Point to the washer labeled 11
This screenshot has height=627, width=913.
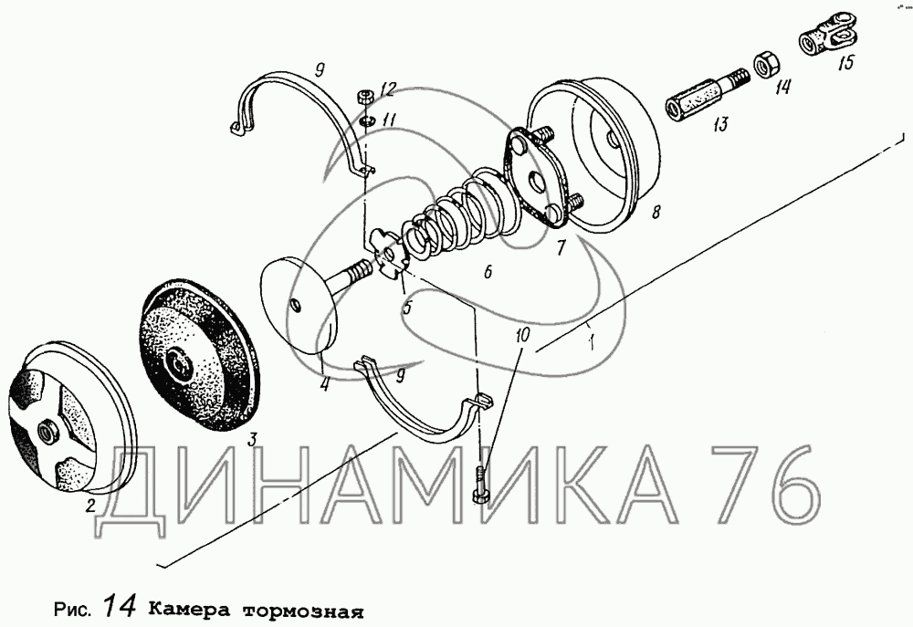pyautogui.click(x=367, y=120)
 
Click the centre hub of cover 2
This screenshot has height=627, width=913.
pyautogui.click(x=46, y=433)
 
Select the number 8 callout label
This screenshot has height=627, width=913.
pyautogui.click(x=656, y=212)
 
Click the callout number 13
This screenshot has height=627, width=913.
pyautogui.click(x=721, y=123)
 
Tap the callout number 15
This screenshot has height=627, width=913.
pyautogui.click(x=845, y=62)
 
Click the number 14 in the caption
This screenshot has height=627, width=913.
pyautogui.click(x=121, y=606)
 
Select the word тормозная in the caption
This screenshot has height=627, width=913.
pyautogui.click(x=303, y=611)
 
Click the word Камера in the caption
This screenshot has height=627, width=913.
pyautogui.click(x=187, y=611)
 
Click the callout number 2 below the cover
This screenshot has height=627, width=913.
pyautogui.click(x=90, y=506)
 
